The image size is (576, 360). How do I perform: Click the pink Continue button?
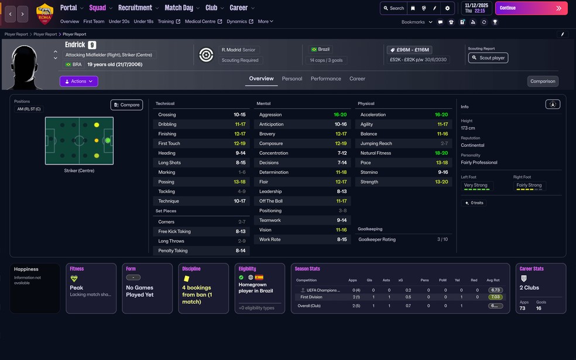(531, 8)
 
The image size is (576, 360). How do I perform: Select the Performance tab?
(325, 78)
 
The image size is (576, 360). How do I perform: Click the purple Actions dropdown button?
(78, 81)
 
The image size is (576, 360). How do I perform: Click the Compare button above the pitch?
(126, 105)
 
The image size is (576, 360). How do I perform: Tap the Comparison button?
(543, 81)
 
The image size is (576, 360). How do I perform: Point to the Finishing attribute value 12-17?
(240, 134)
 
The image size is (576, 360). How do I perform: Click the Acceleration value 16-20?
(441, 115)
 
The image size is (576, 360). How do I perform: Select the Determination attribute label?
(274, 172)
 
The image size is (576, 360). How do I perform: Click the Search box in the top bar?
(393, 8)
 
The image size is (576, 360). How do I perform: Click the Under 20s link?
(119, 22)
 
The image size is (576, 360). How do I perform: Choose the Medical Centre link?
(203, 22)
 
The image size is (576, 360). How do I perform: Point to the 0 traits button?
(474, 203)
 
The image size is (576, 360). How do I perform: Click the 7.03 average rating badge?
(495, 297)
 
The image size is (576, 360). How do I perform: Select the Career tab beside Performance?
(357, 78)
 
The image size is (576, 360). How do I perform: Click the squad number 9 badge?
(92, 45)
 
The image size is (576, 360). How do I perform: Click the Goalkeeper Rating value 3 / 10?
(443, 239)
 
